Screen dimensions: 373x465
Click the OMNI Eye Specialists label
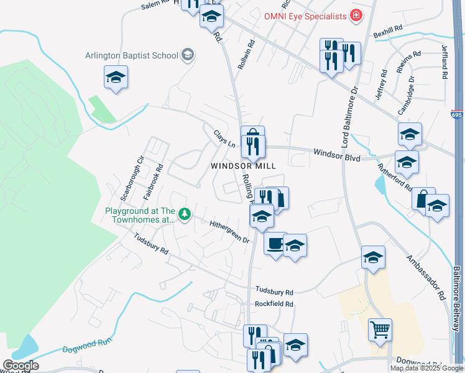pos(305,16)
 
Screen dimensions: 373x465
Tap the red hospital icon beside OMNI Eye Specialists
pos(356,16)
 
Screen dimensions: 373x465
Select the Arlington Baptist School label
pos(132,55)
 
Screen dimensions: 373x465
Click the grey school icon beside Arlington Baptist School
pos(188,55)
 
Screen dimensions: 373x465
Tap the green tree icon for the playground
pos(184,215)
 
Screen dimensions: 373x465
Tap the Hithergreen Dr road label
pos(229,231)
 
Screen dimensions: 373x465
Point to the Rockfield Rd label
pos(274,304)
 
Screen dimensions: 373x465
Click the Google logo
pos(21,366)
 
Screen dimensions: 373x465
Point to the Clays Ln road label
pos(224,139)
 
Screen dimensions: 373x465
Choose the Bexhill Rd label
pos(388,32)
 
